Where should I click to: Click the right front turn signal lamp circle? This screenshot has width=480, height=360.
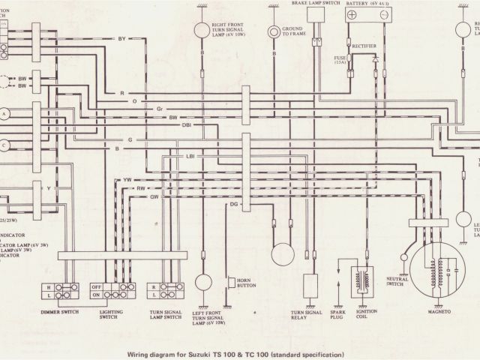[201, 29]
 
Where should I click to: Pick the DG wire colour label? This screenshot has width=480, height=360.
[234, 204]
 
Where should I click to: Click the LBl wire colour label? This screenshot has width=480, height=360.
[190, 154]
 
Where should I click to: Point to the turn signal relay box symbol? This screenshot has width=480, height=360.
[310, 286]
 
